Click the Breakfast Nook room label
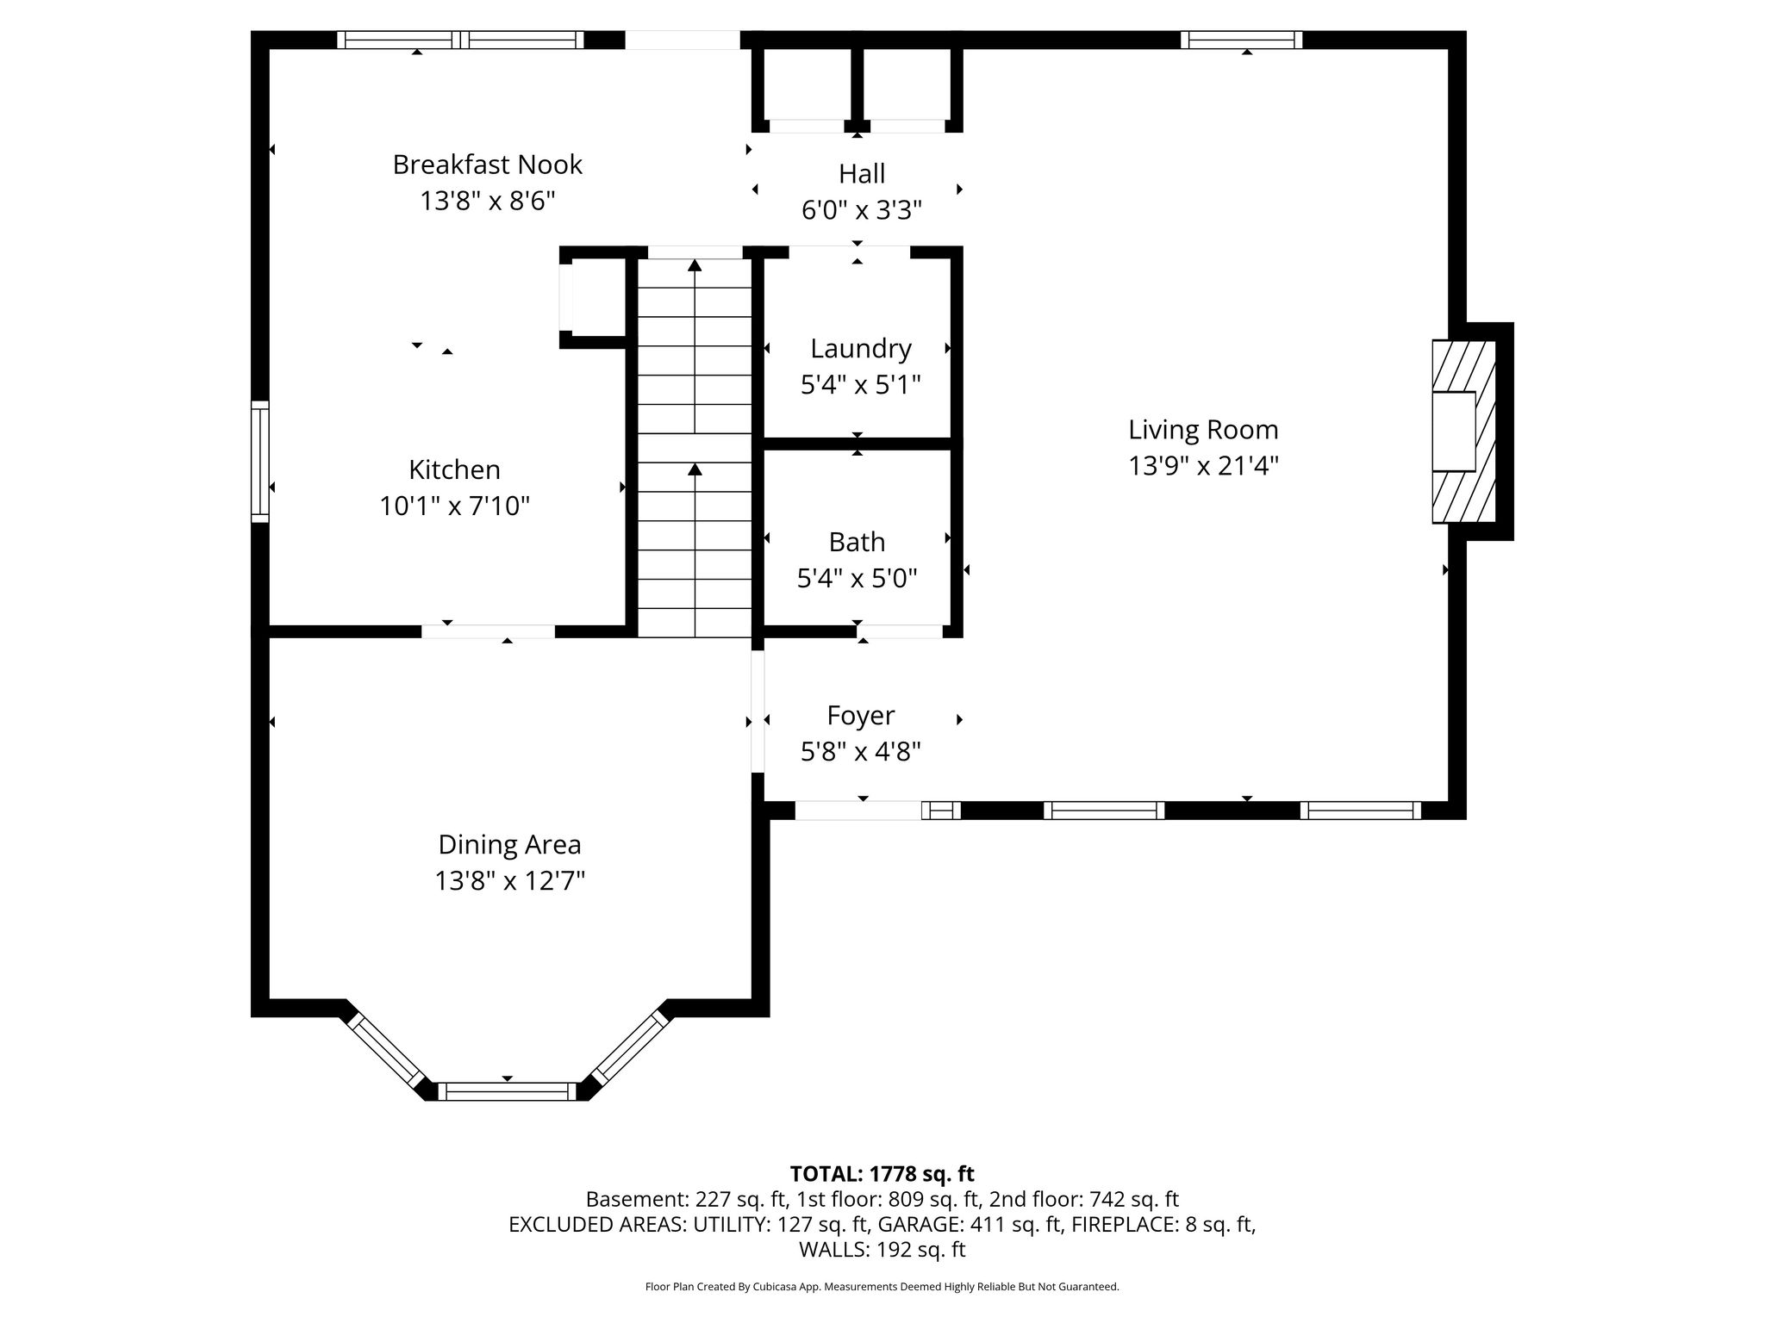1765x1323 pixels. (488, 164)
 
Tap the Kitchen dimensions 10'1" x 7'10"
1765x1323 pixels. (455, 506)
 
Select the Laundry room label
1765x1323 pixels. (861, 349)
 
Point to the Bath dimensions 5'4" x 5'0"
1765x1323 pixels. (858, 578)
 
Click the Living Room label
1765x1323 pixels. (1203, 429)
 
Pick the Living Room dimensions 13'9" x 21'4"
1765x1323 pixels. (1203, 466)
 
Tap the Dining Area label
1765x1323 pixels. (510, 845)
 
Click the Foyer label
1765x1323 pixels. (861, 717)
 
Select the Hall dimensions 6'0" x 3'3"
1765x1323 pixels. (862, 210)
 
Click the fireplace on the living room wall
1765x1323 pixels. (1463, 432)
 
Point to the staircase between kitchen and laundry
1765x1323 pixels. (695, 448)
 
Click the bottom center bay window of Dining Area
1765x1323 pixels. (507, 1091)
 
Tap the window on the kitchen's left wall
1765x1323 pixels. (259, 461)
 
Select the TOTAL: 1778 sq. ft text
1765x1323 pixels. (882, 1173)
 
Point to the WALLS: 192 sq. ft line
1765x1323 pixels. (882, 1250)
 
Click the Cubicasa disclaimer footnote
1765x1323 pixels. (882, 1287)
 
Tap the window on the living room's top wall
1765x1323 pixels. (1241, 40)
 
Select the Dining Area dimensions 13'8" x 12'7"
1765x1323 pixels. (510, 881)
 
